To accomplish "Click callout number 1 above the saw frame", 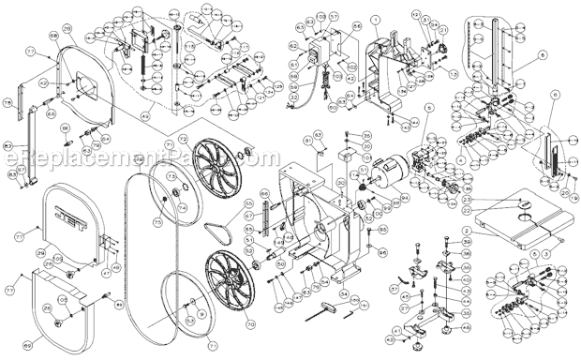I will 373,20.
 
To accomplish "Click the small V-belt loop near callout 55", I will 218,228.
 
